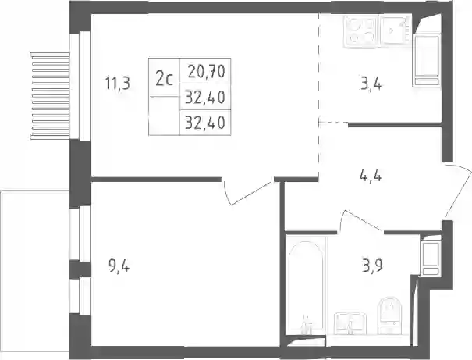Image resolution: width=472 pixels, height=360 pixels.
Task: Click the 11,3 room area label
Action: click(117, 83)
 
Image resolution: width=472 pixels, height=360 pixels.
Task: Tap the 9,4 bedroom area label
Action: click(119, 266)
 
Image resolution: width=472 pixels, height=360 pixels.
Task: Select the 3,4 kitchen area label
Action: click(371, 84)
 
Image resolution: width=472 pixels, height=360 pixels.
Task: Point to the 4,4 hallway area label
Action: click(371, 175)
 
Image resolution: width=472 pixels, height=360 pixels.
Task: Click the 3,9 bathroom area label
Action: click(372, 266)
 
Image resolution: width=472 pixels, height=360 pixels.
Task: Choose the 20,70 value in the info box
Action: click(207, 72)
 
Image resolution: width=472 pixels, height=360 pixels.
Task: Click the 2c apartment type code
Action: click(164, 79)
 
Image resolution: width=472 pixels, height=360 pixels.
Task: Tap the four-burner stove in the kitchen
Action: click(360, 31)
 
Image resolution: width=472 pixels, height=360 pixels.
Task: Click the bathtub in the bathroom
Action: click(306, 285)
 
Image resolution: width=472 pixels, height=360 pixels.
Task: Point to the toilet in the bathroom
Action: click(389, 315)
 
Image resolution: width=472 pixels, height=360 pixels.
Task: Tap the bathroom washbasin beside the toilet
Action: click(350, 323)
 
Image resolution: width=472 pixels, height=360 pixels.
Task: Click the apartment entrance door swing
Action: click(457, 191)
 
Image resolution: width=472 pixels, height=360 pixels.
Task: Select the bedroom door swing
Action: click(247, 192)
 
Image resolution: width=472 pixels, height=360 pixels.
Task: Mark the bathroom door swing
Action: click(360, 221)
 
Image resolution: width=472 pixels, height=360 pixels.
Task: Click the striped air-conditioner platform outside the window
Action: click(50, 96)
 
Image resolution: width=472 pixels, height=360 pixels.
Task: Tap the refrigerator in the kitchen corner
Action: click(427, 61)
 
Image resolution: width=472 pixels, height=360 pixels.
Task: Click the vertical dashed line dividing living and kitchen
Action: click(319, 95)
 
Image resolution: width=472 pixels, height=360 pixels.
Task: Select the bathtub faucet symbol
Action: click(306, 325)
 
